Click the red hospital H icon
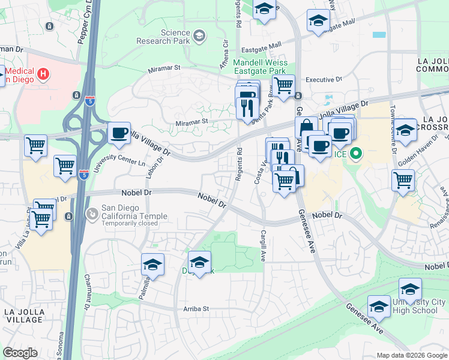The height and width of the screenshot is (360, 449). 43,74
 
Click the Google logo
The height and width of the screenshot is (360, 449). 20,353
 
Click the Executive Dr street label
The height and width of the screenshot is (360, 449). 323,79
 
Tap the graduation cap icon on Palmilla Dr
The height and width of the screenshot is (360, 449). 153,265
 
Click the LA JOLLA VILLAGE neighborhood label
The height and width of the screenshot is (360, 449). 24,316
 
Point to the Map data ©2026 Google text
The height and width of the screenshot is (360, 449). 412,355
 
